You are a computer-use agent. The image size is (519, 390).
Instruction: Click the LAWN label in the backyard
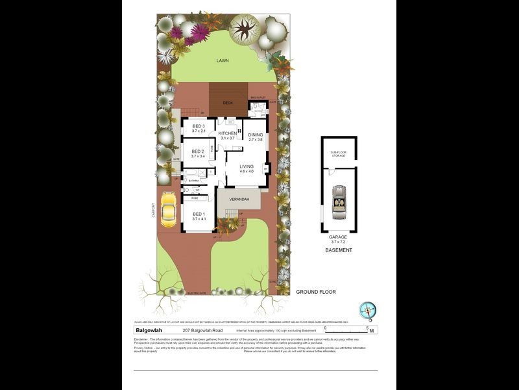pyautogui.click(x=223, y=60)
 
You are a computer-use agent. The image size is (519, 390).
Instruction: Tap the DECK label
pyautogui.click(x=228, y=103)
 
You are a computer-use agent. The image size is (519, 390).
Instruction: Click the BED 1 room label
pyautogui.click(x=199, y=214)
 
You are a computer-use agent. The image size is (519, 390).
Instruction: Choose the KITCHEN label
pyautogui.click(x=228, y=133)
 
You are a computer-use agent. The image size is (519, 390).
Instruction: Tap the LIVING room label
pyautogui.click(x=247, y=166)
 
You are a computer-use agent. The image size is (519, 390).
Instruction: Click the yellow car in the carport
pyautogui.click(x=168, y=209)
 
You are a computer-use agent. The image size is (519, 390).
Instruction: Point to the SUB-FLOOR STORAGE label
pyautogui.click(x=339, y=153)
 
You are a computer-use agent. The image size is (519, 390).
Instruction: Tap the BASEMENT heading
pyautogui.click(x=339, y=250)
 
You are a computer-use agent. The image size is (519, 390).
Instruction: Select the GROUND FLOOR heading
pyautogui.click(x=316, y=292)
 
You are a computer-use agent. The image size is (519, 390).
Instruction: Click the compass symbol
pyautogui.click(x=368, y=311)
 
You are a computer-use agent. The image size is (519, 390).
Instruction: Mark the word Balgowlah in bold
pyautogui.click(x=149, y=330)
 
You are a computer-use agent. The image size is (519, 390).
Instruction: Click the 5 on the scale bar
pyautogui.click(x=367, y=328)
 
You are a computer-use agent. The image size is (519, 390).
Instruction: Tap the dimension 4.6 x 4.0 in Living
pyautogui.click(x=247, y=172)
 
